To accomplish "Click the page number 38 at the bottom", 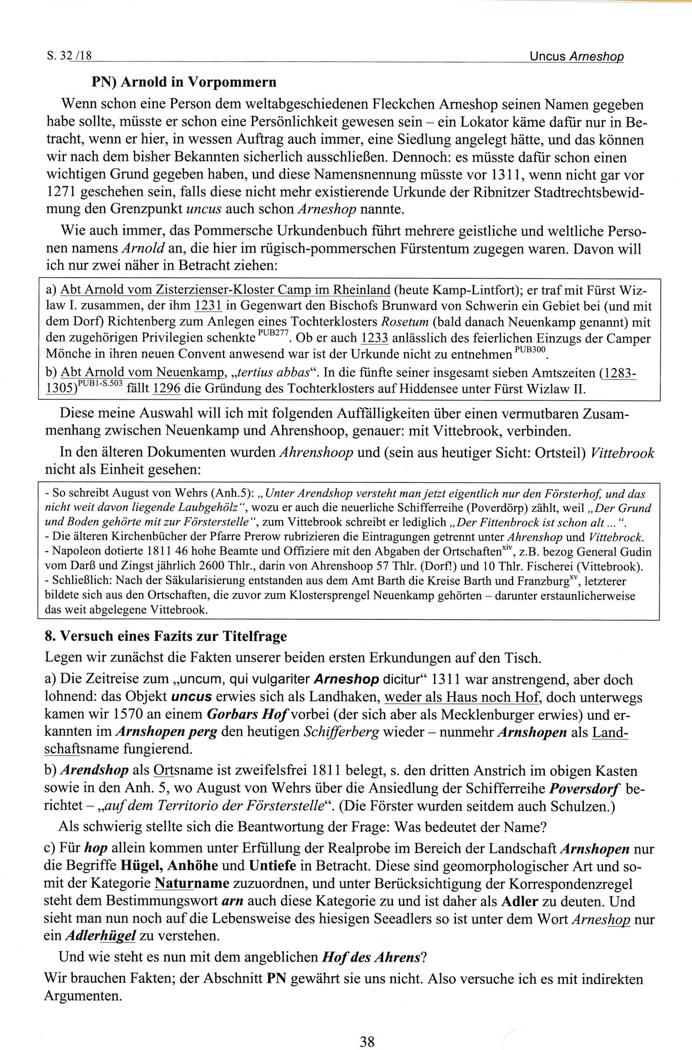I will (x=367, y=1027).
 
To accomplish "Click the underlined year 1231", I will (x=208, y=307).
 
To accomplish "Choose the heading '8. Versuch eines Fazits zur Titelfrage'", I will (x=166, y=636).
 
